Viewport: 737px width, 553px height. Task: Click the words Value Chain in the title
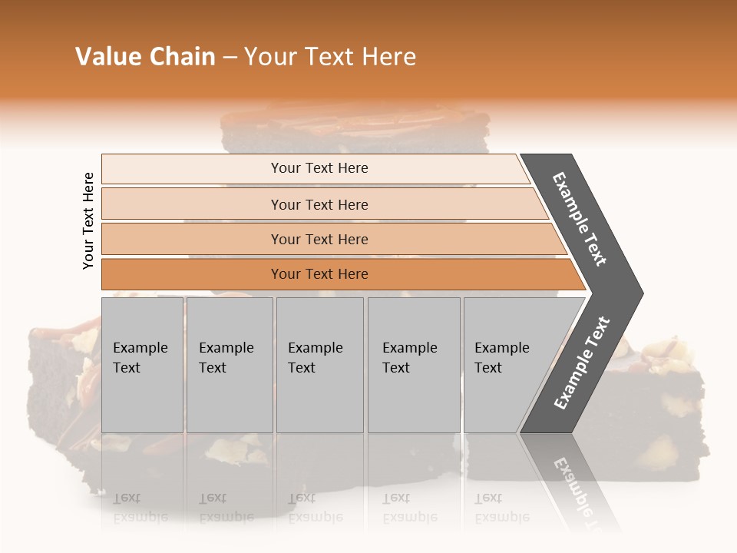145,57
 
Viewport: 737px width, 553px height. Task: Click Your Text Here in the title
330,57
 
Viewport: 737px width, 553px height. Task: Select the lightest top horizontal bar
319,168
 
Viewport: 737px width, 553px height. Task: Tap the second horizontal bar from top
319,204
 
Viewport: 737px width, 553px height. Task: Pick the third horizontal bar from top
319,239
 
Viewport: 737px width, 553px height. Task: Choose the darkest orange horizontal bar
319,274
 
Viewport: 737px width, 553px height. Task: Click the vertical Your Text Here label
88,220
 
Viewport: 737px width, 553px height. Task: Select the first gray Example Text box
142,365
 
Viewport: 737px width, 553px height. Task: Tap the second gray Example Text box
229,365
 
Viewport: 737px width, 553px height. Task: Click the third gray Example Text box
319,365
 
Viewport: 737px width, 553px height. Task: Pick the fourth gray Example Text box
413,365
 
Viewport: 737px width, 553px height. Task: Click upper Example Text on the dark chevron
580,219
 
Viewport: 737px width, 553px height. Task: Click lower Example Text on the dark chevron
582,363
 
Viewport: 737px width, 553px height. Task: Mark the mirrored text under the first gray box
140,507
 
